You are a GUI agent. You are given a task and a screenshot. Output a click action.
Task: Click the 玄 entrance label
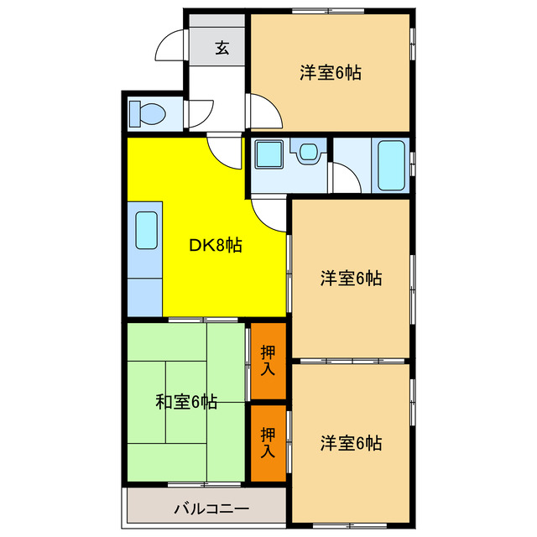[x=221, y=47]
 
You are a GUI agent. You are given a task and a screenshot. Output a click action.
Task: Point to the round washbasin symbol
[x=307, y=153]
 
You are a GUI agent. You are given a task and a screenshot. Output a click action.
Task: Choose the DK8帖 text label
[x=216, y=246]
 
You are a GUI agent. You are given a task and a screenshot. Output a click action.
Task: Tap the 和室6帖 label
[x=186, y=402]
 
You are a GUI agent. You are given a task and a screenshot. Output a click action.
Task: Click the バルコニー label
[x=211, y=508]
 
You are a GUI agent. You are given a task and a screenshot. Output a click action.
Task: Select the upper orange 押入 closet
[x=268, y=360]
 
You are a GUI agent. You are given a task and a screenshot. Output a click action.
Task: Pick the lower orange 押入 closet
[x=268, y=441]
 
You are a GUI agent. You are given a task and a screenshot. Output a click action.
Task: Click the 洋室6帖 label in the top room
[x=331, y=73]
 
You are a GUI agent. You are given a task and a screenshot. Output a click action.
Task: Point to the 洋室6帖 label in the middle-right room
[x=351, y=279]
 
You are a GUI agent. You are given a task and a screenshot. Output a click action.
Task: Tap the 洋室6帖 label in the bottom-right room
[x=351, y=442]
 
